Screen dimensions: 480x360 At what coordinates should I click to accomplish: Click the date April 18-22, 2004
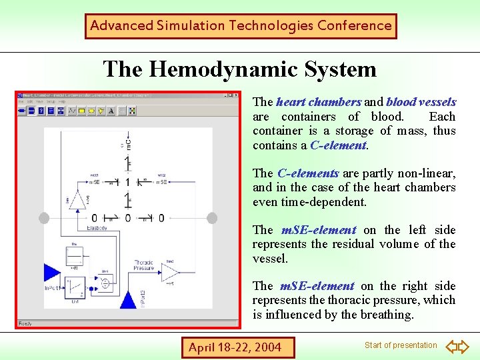point(235,347)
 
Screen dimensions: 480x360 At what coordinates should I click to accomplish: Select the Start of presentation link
point(401,345)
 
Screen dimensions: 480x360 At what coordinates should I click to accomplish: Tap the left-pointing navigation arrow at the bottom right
point(451,347)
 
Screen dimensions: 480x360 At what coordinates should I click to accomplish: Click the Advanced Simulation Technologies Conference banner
point(241,26)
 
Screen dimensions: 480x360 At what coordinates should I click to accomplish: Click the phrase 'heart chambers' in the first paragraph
point(318,102)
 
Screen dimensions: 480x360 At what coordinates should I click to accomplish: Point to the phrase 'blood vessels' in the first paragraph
point(421,102)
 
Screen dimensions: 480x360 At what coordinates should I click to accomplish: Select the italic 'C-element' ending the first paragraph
point(338,145)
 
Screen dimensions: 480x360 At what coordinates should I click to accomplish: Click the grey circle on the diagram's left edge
point(45,218)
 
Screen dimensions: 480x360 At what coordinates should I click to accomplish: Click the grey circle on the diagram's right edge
point(212,218)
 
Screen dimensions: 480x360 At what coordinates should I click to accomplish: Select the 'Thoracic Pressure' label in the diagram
point(143,266)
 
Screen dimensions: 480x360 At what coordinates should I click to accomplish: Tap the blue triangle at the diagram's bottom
point(128,299)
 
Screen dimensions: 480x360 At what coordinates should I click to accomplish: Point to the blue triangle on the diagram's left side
point(51,273)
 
